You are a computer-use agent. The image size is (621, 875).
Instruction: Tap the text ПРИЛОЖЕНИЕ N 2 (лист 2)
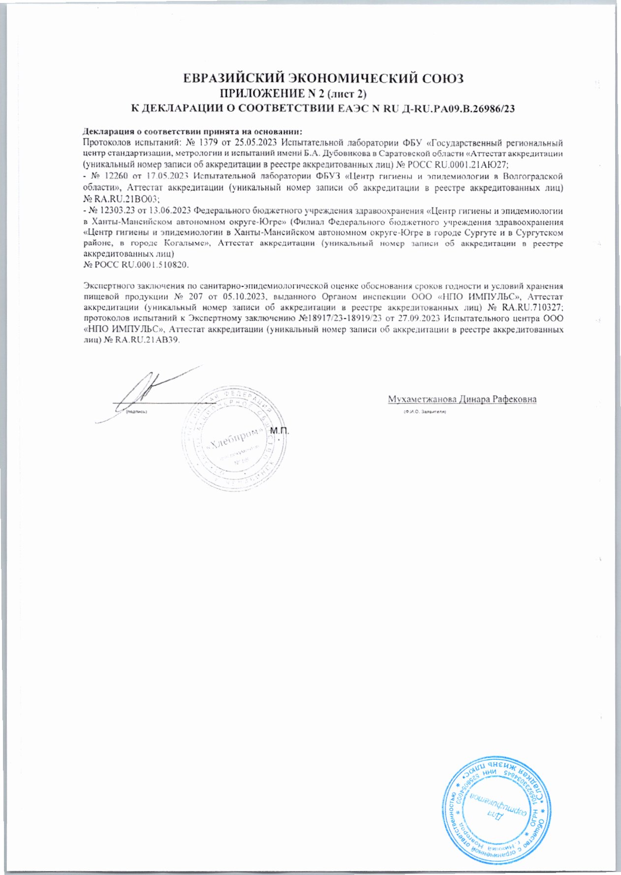point(294,94)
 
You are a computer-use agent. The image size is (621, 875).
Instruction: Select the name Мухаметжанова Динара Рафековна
point(462,399)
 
